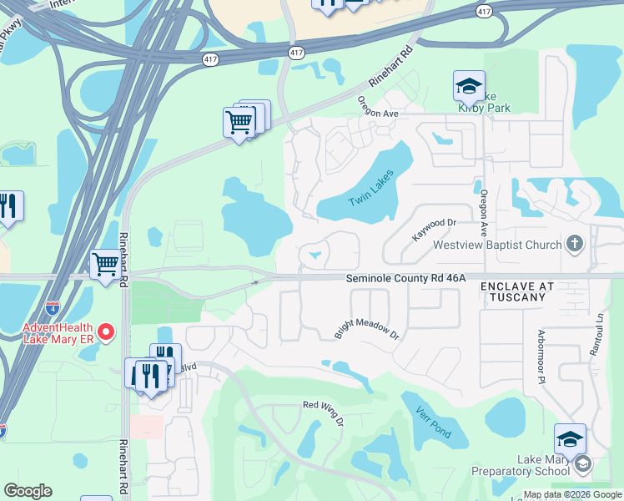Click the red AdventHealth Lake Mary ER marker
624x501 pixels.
point(106,332)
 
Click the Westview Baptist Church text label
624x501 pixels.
point(496,246)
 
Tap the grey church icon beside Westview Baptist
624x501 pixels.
point(573,245)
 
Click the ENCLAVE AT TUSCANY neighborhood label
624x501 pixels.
point(517,291)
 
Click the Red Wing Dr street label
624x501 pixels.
point(323,412)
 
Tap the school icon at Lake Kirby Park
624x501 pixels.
point(469,85)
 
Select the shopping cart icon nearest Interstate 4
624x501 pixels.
point(106,265)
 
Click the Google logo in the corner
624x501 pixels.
point(28,491)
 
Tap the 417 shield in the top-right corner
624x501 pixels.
point(484,11)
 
